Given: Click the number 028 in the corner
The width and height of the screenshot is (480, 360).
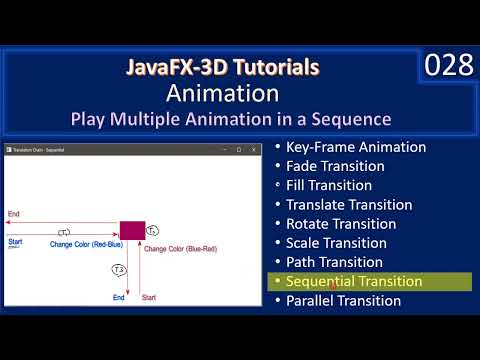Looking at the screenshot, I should pyautogui.click(x=449, y=67).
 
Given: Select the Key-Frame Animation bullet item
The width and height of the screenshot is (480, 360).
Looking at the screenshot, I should pyautogui.click(x=355, y=147).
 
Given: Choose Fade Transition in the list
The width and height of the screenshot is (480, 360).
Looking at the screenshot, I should pyautogui.click(x=335, y=166).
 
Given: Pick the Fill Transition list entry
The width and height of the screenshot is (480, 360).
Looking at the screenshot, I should pyautogui.click(x=329, y=185).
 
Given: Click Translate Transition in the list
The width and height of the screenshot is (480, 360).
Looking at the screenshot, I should pyautogui.click(x=349, y=204).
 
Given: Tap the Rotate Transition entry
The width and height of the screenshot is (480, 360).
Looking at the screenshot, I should pyautogui.click(x=341, y=223).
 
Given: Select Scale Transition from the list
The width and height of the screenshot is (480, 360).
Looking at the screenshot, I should pyautogui.click(x=336, y=242).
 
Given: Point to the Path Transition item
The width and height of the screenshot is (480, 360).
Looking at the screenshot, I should pyautogui.click(x=334, y=262).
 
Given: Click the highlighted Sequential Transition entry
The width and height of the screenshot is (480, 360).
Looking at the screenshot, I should pyautogui.click(x=354, y=281).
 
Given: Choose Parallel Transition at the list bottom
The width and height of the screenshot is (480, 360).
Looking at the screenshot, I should pyautogui.click(x=343, y=300).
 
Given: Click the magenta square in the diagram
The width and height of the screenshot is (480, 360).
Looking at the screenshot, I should pyautogui.click(x=132, y=231).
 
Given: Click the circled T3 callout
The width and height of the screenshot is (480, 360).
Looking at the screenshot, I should pyautogui.click(x=118, y=270).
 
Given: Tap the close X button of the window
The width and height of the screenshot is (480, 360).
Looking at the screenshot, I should pyautogui.click(x=254, y=149).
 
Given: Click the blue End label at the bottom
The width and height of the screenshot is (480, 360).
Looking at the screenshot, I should pyautogui.click(x=118, y=297).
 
